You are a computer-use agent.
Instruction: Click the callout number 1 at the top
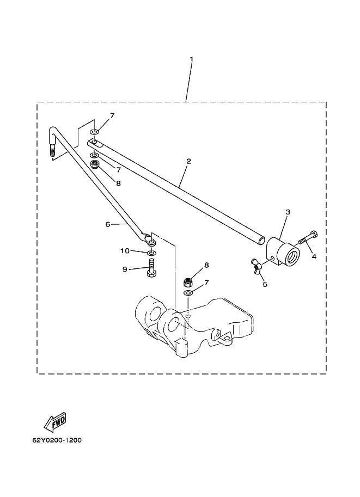coord(191,59)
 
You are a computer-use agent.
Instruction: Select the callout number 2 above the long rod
coord(189,161)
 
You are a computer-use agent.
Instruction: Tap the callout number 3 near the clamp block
coord(288,212)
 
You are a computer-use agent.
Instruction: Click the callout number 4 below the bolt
coord(314,256)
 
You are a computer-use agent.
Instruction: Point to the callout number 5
coord(265,284)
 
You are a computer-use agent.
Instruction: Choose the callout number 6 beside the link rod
coord(108,224)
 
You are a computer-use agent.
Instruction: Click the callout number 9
coord(125,269)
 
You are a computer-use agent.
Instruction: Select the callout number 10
coord(125,251)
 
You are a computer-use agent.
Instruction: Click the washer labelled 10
coord(151,253)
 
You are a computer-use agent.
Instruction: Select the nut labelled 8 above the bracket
coord(188,281)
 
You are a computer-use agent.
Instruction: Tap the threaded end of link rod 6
coord(52,151)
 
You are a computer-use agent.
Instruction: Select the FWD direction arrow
coord(55,422)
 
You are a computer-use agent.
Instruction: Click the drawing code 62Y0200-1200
coord(57,440)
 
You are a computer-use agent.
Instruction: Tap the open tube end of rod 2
coord(261,240)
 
